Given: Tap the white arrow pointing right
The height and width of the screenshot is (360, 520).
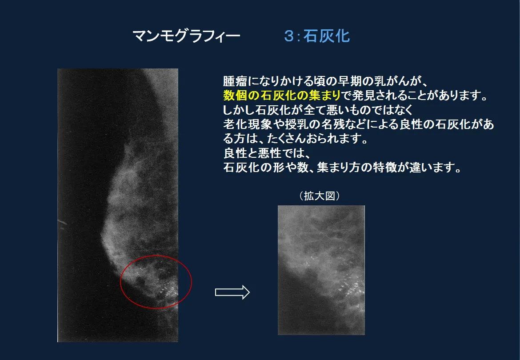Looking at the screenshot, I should coord(232,292).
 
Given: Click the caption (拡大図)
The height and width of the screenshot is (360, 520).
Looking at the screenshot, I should coord(320,196).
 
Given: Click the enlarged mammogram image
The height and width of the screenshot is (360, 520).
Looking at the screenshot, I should coord(321,270).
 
